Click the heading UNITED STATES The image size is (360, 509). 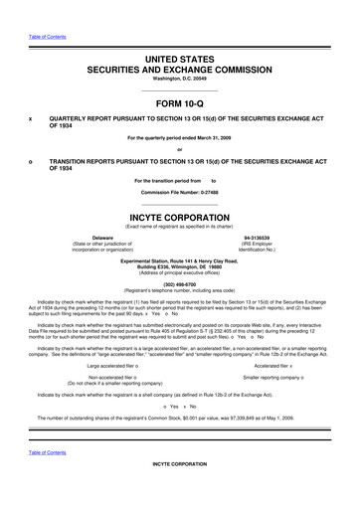180,61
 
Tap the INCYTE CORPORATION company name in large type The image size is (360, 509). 180,214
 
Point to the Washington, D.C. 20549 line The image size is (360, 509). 180,81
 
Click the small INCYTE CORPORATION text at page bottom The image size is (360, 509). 180,491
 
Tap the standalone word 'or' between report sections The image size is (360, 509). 180,150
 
